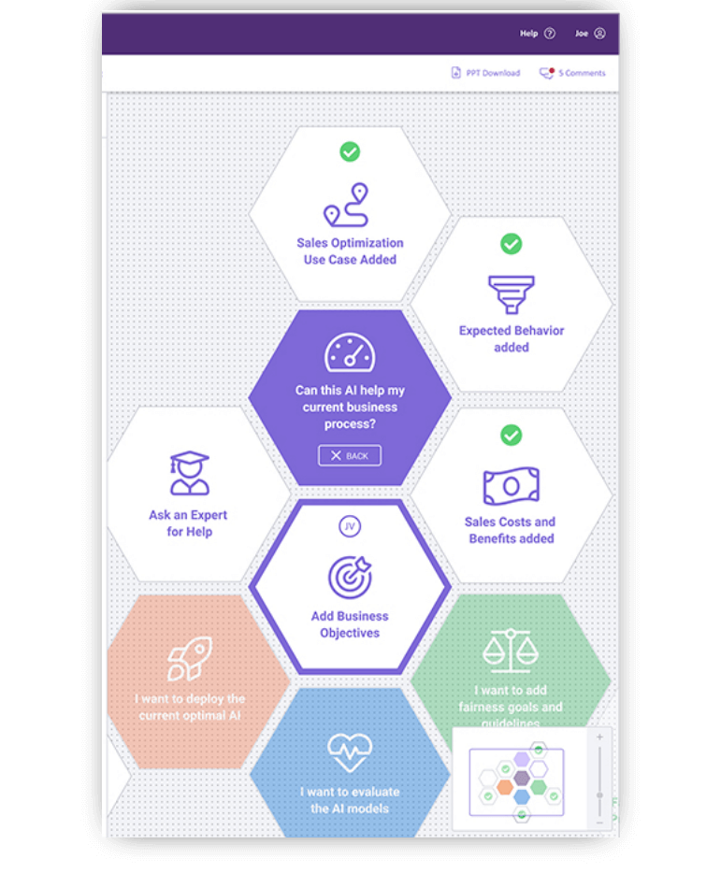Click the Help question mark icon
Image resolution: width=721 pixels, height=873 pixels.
(x=550, y=34)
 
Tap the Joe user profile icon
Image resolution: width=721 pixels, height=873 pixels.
(x=599, y=34)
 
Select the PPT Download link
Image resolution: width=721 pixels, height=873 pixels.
(x=485, y=73)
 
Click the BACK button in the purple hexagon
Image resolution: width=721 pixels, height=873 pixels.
(x=350, y=456)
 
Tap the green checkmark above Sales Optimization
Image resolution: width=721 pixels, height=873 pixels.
(x=350, y=151)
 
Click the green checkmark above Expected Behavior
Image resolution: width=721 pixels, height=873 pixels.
(x=511, y=244)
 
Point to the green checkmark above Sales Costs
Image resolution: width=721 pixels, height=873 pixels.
(x=511, y=435)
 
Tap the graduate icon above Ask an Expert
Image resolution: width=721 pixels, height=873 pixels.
(x=189, y=473)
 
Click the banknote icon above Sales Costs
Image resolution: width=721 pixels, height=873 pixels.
(x=512, y=486)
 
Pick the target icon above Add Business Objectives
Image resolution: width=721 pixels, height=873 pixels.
(x=350, y=577)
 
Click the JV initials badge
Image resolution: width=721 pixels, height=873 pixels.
(x=350, y=527)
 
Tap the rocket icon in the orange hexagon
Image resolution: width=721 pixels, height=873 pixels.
(x=189, y=659)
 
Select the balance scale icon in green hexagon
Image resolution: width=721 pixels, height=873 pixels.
(x=511, y=651)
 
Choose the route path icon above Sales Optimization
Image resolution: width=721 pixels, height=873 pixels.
(x=346, y=206)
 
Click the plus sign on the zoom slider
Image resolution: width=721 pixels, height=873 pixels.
(x=599, y=737)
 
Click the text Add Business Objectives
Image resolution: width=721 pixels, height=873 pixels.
(x=350, y=624)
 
